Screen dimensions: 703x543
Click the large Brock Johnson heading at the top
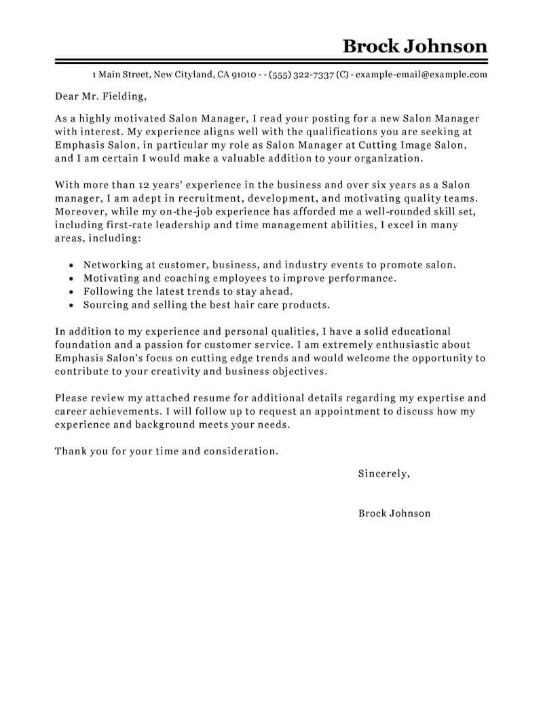tap(415, 46)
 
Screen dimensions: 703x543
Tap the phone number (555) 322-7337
tap(301, 75)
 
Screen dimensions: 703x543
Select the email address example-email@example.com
tap(421, 75)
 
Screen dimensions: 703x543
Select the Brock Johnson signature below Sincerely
tap(394, 513)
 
